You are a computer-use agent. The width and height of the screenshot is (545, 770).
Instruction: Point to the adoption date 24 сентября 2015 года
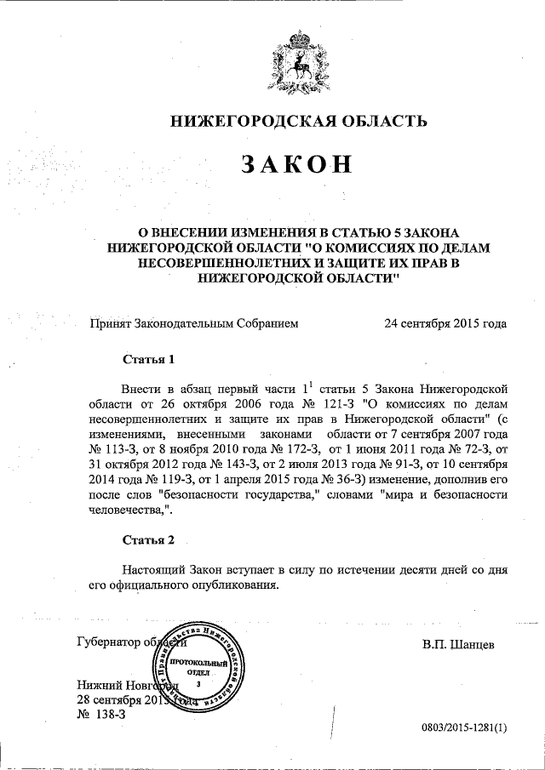(x=445, y=323)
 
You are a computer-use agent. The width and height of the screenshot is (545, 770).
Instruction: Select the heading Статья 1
(x=148, y=358)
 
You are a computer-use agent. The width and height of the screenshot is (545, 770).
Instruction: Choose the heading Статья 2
(x=148, y=539)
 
